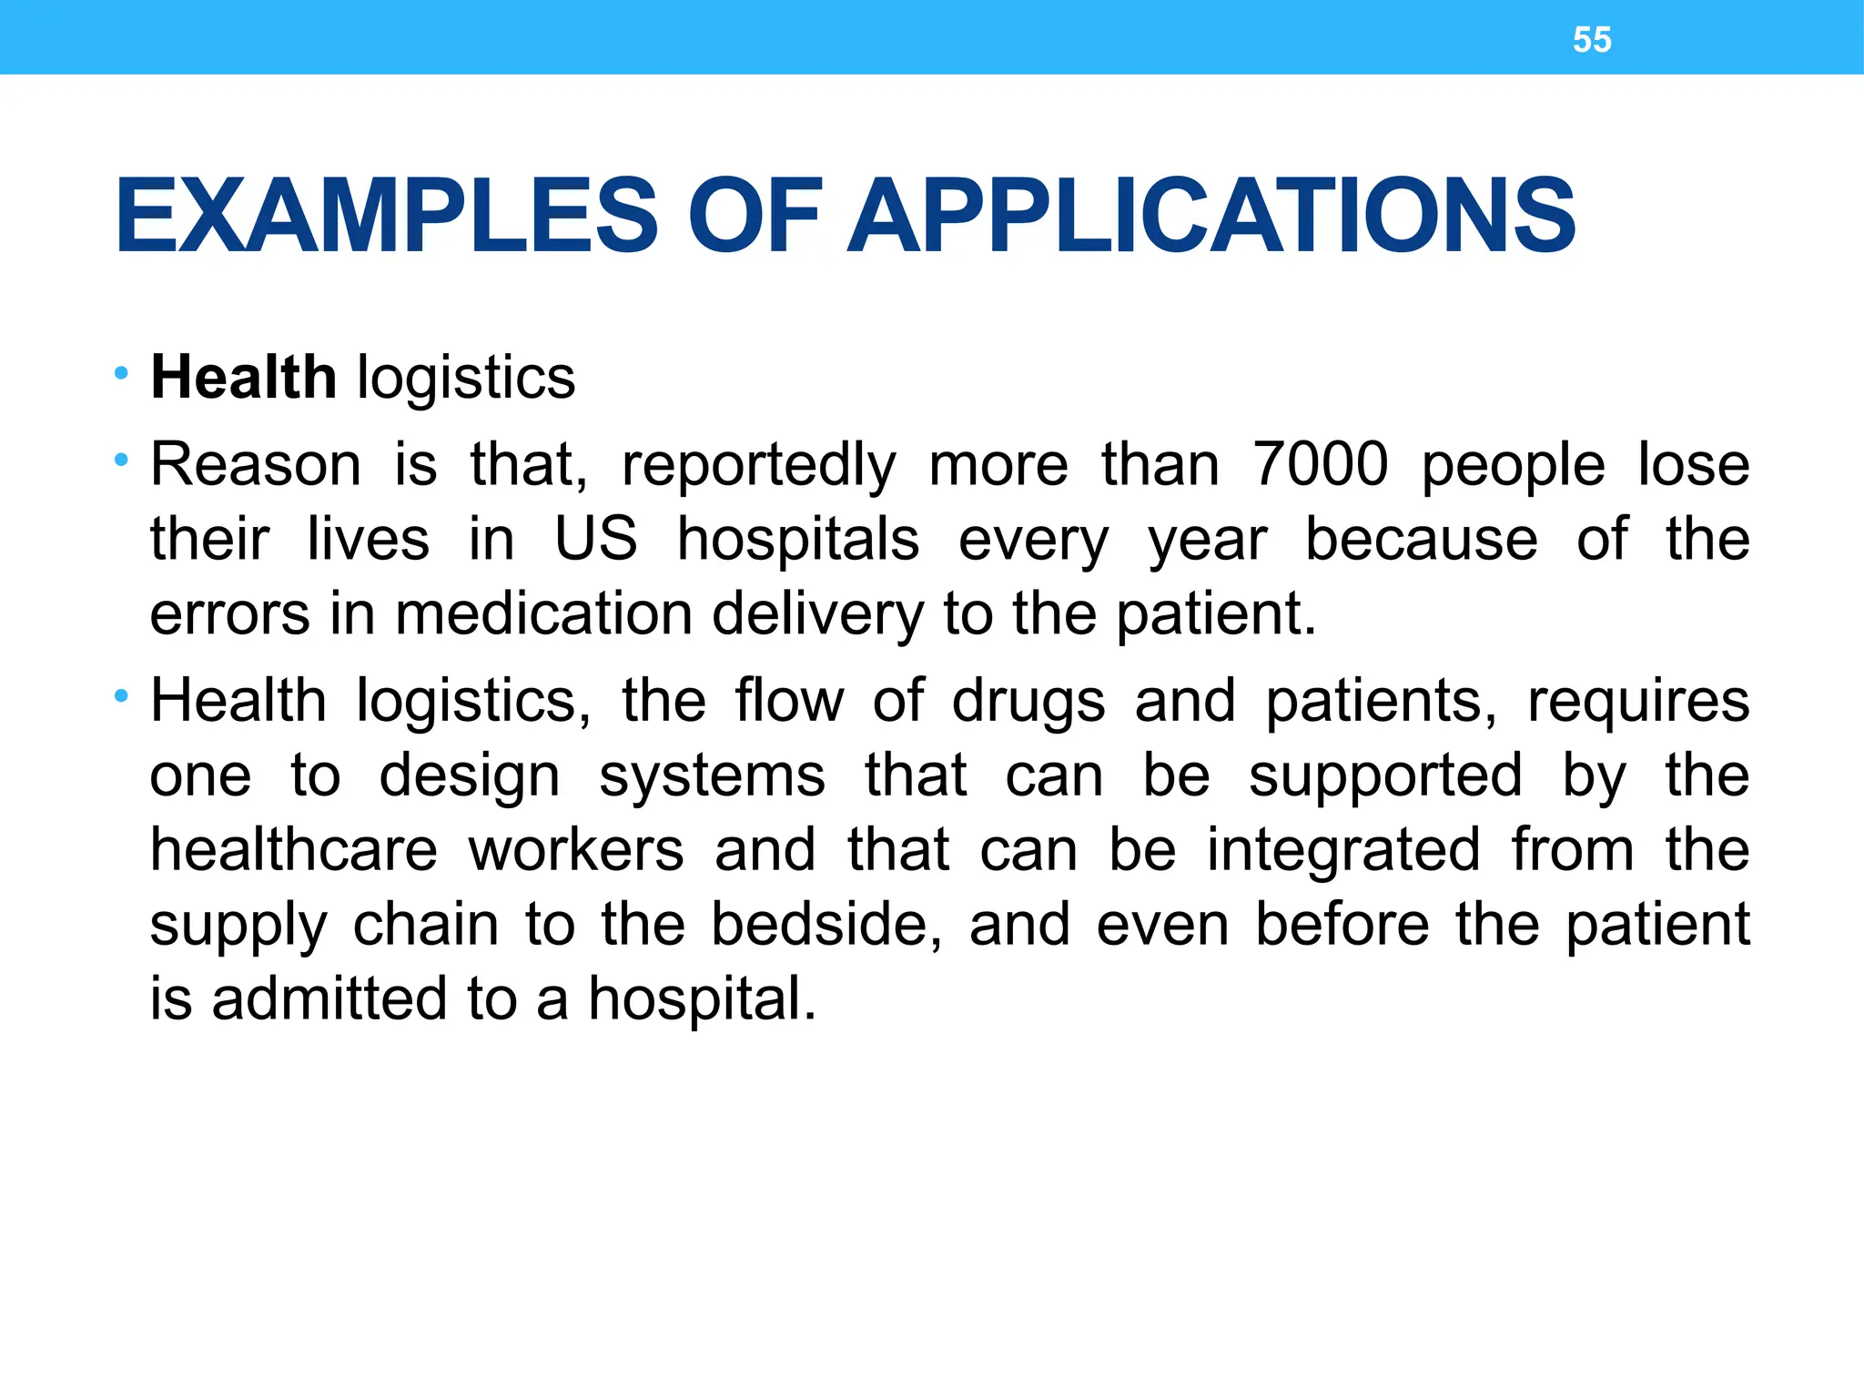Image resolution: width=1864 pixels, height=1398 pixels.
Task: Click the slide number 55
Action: point(1592,40)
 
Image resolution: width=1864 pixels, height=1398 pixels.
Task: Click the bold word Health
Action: point(243,377)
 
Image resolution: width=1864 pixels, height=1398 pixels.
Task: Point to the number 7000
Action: point(1320,464)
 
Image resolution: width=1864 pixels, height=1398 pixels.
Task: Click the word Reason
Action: point(256,464)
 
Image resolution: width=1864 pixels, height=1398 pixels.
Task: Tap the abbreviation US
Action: point(596,539)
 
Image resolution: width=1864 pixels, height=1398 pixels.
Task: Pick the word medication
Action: point(543,613)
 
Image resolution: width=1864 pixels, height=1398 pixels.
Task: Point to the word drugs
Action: point(1028,703)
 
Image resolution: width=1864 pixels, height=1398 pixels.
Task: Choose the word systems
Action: point(712,777)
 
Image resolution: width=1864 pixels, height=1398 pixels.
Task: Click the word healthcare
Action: point(293,850)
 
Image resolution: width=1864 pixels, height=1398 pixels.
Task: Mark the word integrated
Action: point(1343,852)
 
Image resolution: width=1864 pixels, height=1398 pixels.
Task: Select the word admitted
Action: point(329,998)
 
